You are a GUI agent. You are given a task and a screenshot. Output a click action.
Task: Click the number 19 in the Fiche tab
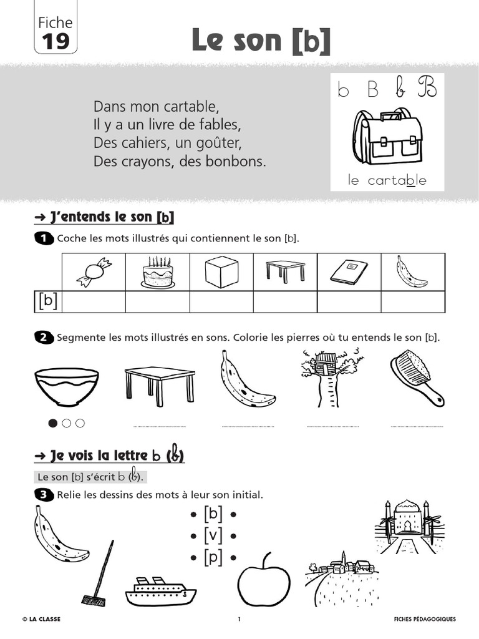(56, 41)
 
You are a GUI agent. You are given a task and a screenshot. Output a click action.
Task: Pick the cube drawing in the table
(222, 272)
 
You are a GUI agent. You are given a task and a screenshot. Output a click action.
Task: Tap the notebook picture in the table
(349, 272)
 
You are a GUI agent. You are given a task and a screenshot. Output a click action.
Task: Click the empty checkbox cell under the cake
(157, 301)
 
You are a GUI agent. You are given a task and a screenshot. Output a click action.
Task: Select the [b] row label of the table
(47, 301)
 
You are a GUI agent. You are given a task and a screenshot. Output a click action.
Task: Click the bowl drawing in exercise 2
(67, 387)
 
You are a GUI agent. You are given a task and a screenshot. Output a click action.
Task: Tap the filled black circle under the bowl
(53, 423)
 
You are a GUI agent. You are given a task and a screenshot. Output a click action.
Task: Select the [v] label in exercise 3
(213, 535)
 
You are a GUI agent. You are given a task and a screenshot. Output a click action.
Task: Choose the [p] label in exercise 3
(213, 557)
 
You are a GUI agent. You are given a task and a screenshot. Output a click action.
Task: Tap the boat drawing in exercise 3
(160, 590)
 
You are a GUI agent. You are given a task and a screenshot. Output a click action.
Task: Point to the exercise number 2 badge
(44, 338)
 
